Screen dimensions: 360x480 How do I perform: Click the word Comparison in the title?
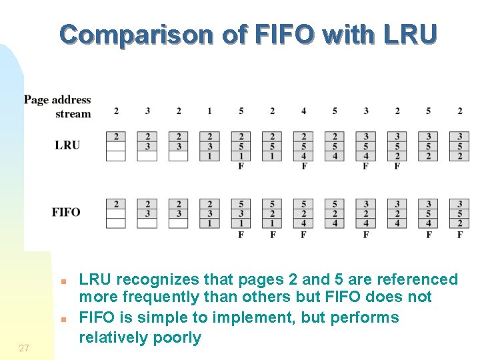pos(139,34)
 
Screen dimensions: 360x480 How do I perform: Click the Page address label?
pos(57,100)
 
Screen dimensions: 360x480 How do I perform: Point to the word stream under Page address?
pos(73,113)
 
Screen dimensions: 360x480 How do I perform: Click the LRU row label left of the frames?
pos(67,145)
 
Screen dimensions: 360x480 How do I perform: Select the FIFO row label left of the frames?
pos(66,212)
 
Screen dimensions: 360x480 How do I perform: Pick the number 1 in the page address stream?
pos(209,111)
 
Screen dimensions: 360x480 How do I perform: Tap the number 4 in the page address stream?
pos(303,111)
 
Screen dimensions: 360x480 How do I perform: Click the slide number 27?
pos(24,347)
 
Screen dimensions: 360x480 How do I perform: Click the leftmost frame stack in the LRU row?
pos(116,146)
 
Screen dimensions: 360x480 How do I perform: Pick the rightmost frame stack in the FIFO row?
pos(459,213)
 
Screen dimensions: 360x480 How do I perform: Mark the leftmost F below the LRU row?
pos(241,166)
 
